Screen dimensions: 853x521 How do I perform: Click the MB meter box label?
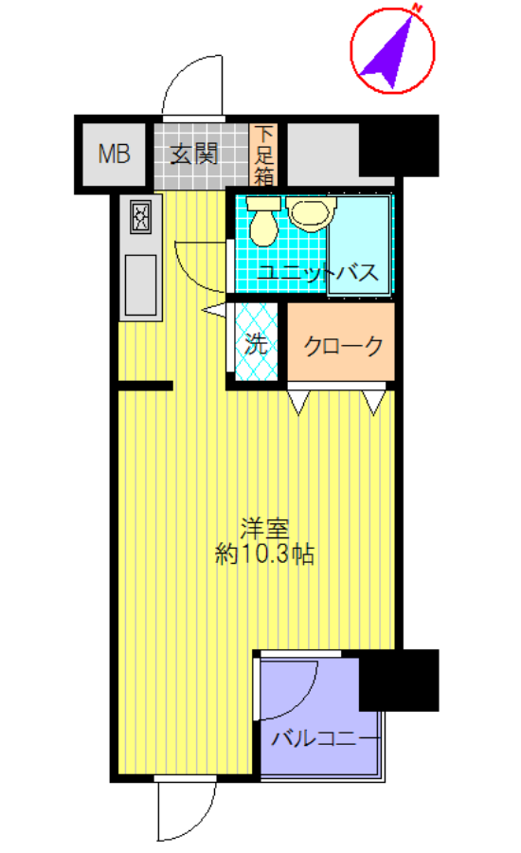[x=115, y=154]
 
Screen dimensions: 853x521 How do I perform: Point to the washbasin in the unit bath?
[x=308, y=214]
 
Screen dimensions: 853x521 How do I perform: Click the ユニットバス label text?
[x=319, y=273]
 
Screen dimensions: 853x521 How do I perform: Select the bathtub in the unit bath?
[x=358, y=246]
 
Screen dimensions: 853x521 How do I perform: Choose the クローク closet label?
[x=343, y=345]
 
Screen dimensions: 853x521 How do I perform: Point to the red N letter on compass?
[x=416, y=9]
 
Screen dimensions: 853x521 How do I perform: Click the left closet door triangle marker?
[x=299, y=402]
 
